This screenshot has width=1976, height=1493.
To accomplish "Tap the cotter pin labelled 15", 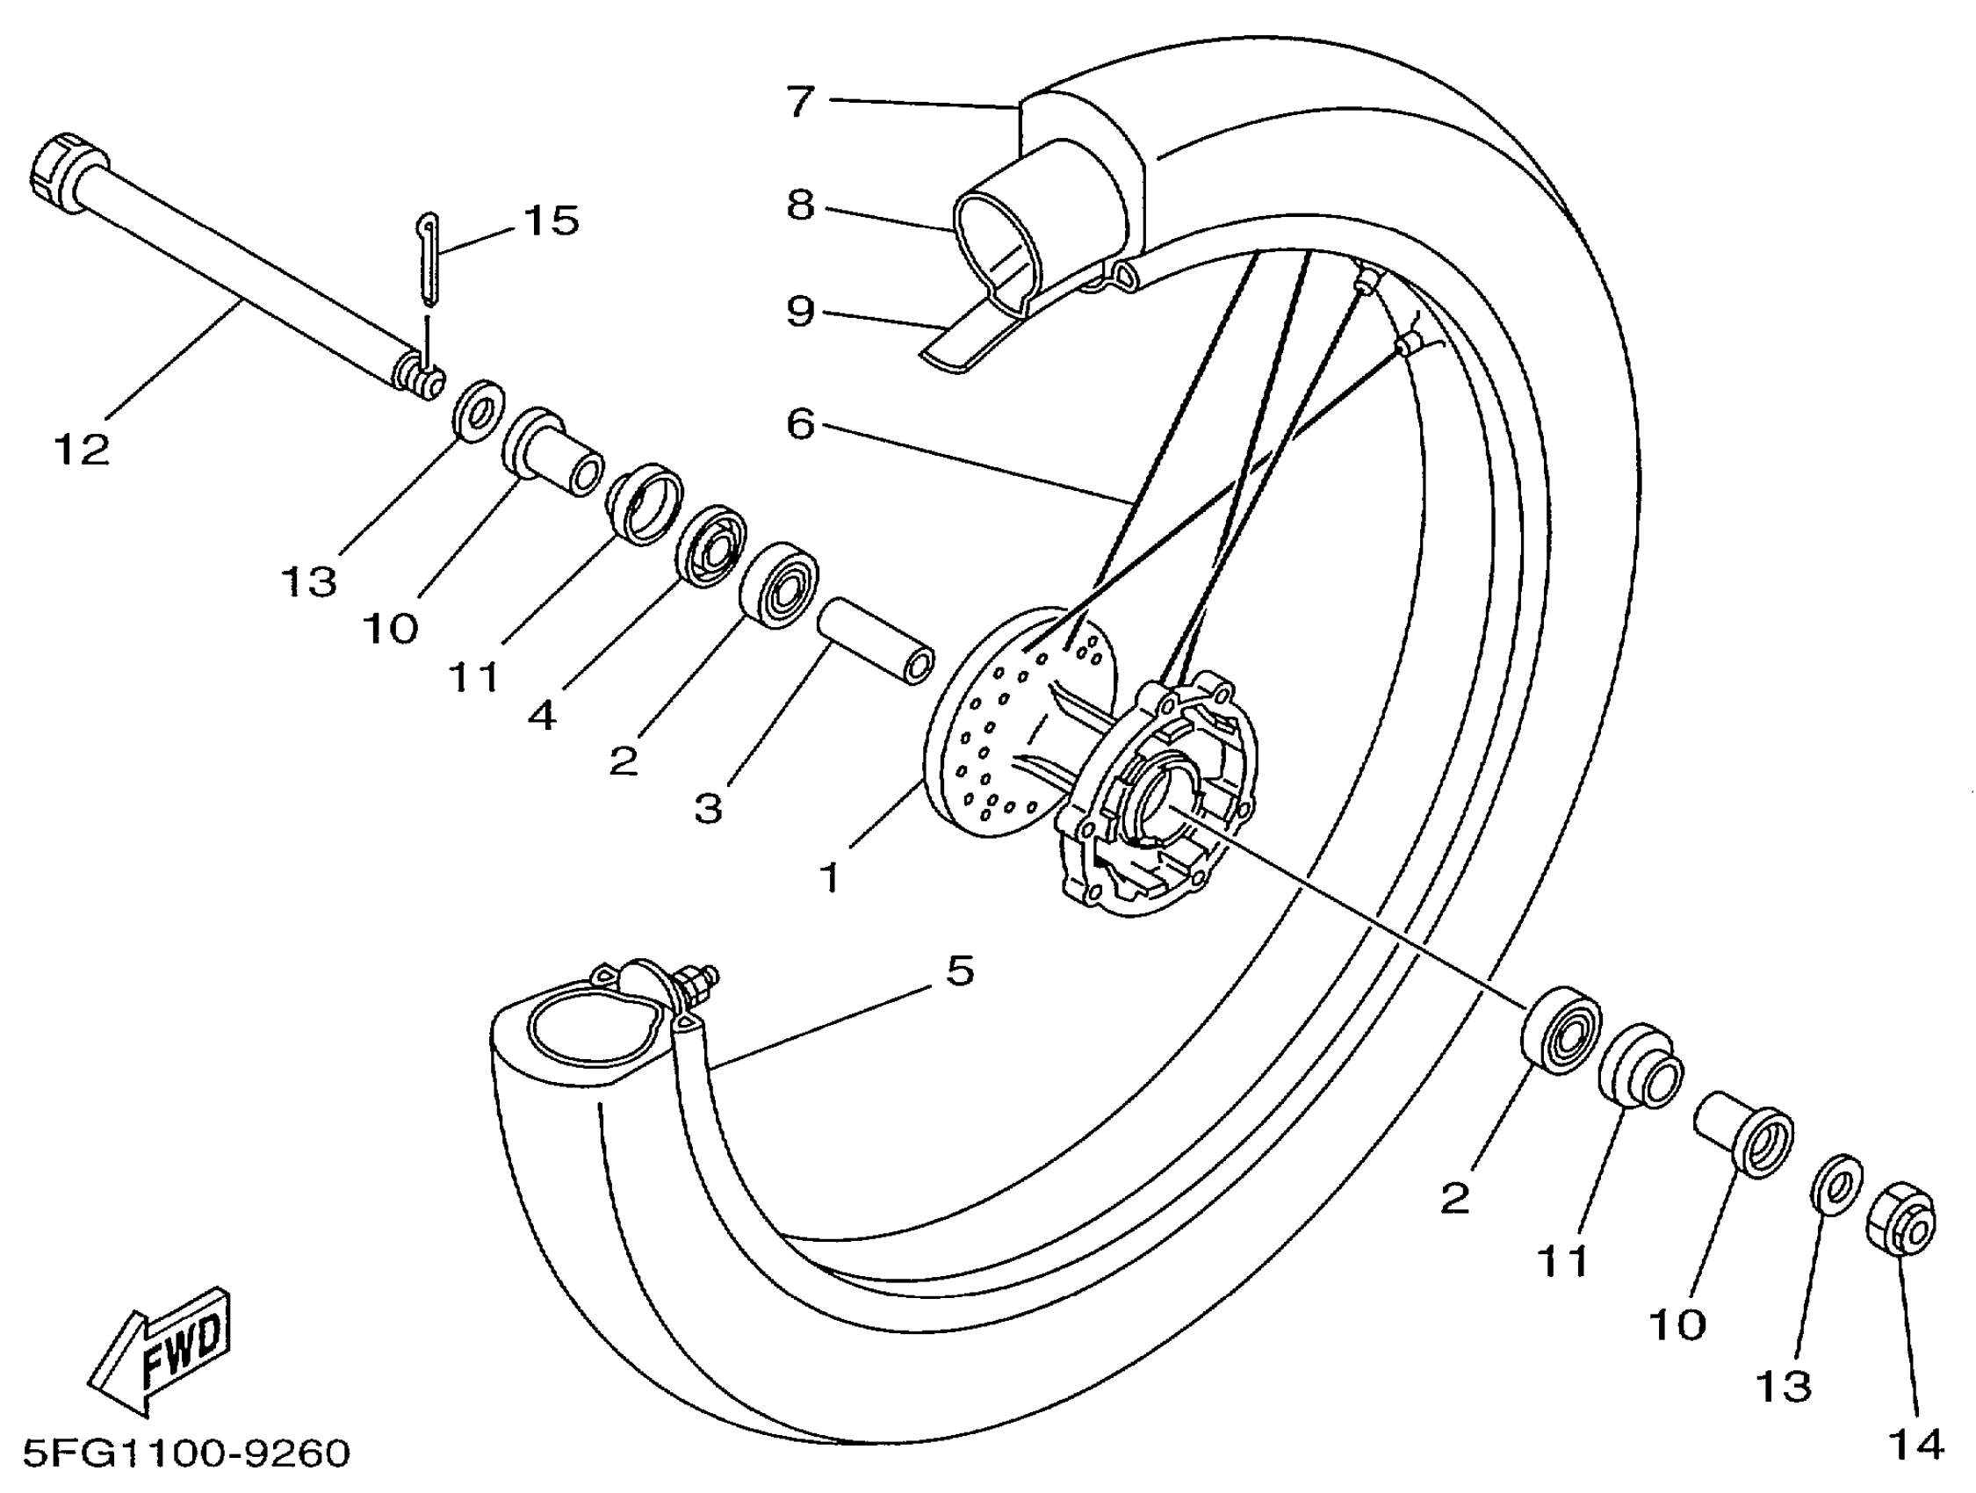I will [429, 259].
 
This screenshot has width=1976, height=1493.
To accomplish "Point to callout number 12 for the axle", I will [82, 450].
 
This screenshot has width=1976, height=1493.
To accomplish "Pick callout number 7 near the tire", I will [800, 101].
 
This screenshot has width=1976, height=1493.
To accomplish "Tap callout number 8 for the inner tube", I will [800, 206].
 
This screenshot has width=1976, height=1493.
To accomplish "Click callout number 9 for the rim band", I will [800, 311].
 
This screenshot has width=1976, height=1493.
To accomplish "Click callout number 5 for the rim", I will [959, 970].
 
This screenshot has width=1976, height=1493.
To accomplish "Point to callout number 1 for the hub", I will [830, 877].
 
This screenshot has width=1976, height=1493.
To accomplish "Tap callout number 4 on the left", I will [542, 715].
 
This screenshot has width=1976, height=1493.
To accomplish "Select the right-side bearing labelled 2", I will [1561, 1030].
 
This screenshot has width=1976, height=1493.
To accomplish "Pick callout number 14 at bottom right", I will [1916, 1444].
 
